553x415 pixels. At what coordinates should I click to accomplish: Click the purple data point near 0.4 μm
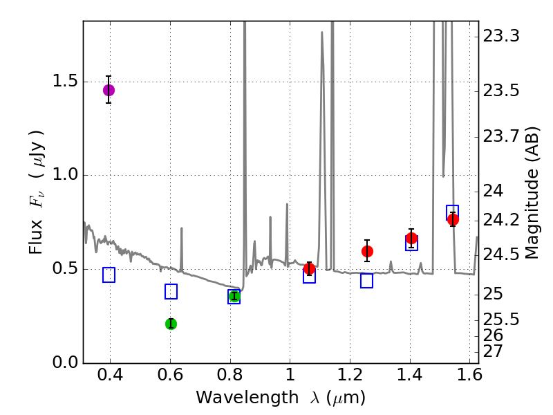click(109, 90)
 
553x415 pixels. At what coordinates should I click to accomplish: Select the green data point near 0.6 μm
click(171, 324)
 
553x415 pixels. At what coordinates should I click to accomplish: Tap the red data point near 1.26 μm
click(367, 251)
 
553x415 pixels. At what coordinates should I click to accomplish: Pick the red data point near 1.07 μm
click(310, 268)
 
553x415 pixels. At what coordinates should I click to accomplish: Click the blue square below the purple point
click(109, 275)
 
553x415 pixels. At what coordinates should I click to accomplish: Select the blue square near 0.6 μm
click(171, 292)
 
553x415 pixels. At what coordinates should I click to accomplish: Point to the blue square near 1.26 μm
click(366, 281)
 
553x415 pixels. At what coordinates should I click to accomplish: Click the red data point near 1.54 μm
click(453, 219)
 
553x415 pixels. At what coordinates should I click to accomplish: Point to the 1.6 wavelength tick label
click(469, 378)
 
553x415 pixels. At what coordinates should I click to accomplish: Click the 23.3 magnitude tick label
click(500, 36)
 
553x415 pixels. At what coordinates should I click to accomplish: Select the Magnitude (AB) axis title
click(532, 192)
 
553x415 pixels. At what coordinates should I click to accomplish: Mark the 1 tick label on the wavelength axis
click(290, 378)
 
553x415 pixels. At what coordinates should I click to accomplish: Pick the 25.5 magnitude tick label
click(500, 320)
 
